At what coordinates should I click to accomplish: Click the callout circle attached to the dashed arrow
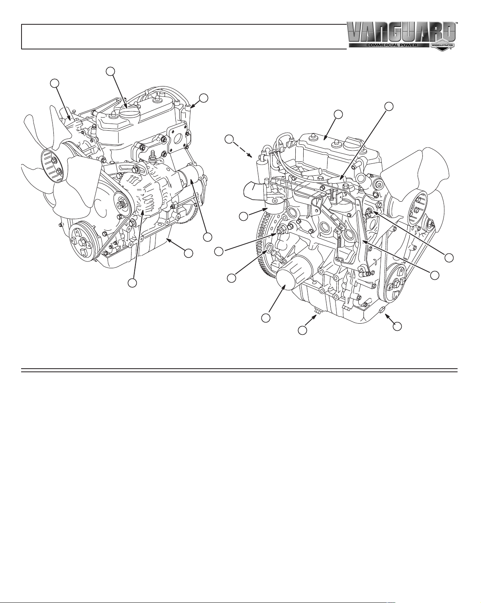pyautogui.click(x=230, y=139)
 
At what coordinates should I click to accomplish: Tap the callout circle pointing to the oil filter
pyautogui.click(x=265, y=318)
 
